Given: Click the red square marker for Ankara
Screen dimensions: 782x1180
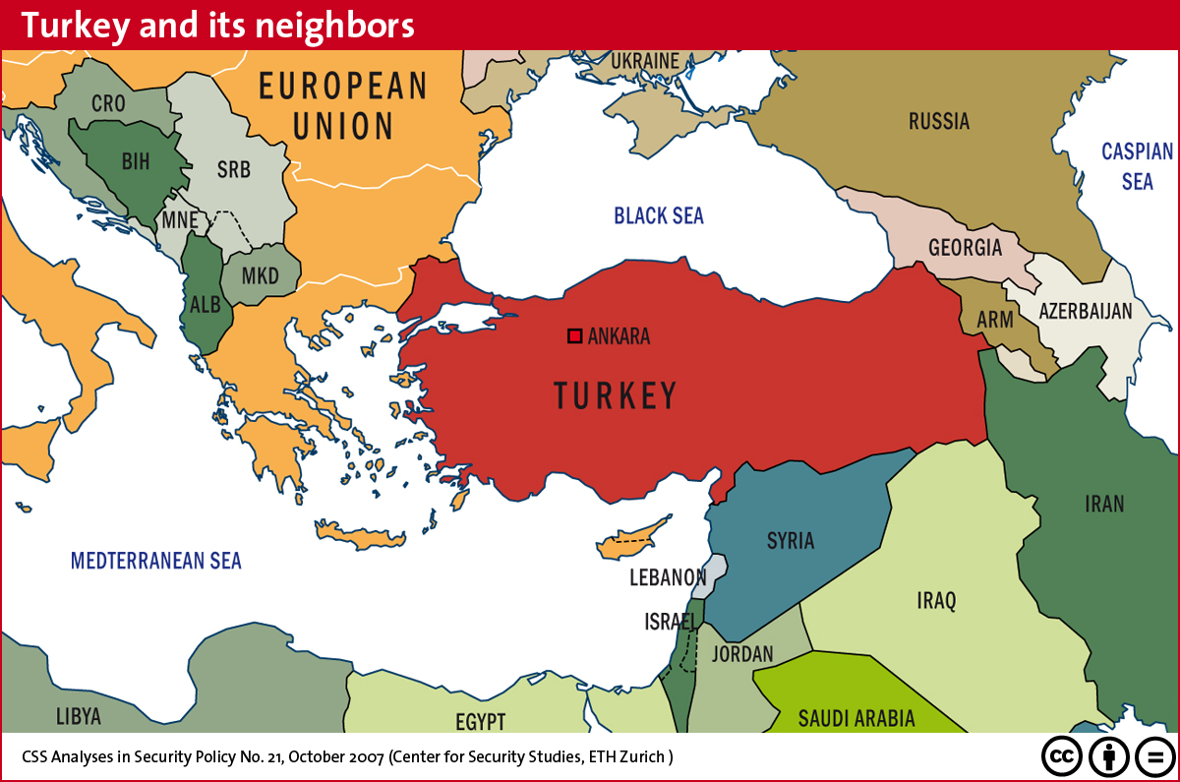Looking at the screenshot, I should [575, 336].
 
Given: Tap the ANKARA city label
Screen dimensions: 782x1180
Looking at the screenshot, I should [619, 336].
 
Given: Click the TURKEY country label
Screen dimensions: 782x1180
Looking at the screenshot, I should [616, 395].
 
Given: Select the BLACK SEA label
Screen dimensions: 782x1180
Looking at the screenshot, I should [659, 215].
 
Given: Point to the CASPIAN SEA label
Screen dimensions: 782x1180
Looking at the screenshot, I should [1137, 166].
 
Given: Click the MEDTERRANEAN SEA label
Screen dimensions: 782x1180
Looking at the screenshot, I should [155, 561].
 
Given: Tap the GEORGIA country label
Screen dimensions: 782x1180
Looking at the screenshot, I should [965, 247].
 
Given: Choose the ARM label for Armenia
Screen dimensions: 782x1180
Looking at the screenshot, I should [993, 321].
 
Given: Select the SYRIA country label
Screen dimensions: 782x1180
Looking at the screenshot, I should [791, 540].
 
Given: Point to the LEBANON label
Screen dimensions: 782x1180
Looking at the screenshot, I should [668, 577].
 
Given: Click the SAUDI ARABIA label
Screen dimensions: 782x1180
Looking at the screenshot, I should [856, 718].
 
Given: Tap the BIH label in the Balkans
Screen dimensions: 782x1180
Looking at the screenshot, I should [136, 162].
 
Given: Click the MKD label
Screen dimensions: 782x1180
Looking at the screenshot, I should [261, 275].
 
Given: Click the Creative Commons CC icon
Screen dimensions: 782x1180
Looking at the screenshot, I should [1063, 756].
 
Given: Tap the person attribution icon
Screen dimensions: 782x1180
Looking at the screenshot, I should [1109, 756].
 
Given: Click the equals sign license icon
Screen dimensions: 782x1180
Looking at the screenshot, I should [1155, 756].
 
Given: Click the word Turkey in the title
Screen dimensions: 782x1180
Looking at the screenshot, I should [74, 25].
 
